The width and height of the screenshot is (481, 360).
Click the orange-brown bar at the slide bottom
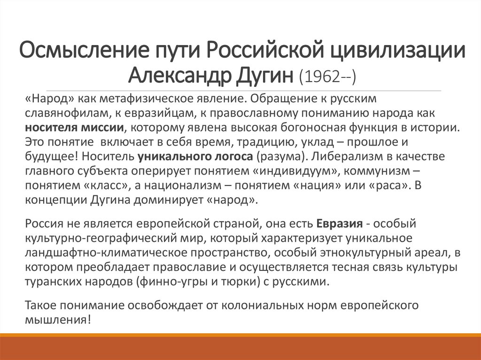point(240,347)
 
